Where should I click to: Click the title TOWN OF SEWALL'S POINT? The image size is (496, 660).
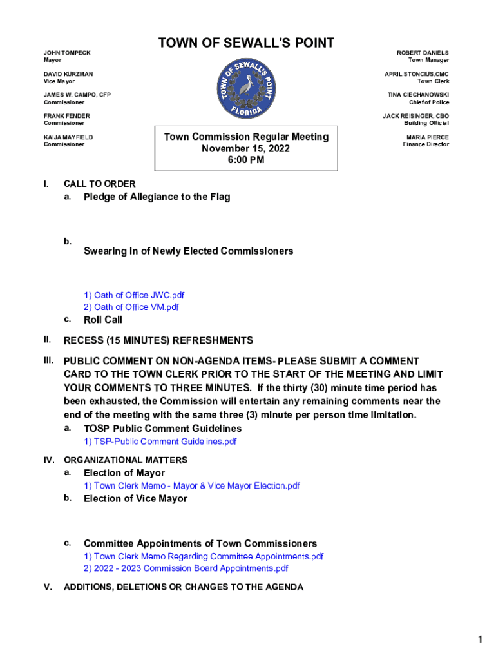(x=247, y=43)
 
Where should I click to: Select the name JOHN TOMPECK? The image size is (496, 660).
(x=67, y=53)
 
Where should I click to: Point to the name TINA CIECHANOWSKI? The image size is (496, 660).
(x=418, y=95)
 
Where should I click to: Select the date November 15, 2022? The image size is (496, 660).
(x=245, y=149)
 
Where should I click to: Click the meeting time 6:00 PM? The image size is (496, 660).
(x=245, y=160)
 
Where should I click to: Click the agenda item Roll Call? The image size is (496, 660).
(x=103, y=320)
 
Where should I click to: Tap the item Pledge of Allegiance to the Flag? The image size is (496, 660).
(x=157, y=197)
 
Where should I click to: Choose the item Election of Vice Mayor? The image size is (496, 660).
(x=135, y=498)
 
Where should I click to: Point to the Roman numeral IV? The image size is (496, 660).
(x=48, y=460)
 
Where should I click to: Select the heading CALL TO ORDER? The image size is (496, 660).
(x=99, y=184)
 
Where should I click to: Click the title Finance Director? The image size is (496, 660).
(x=426, y=144)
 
